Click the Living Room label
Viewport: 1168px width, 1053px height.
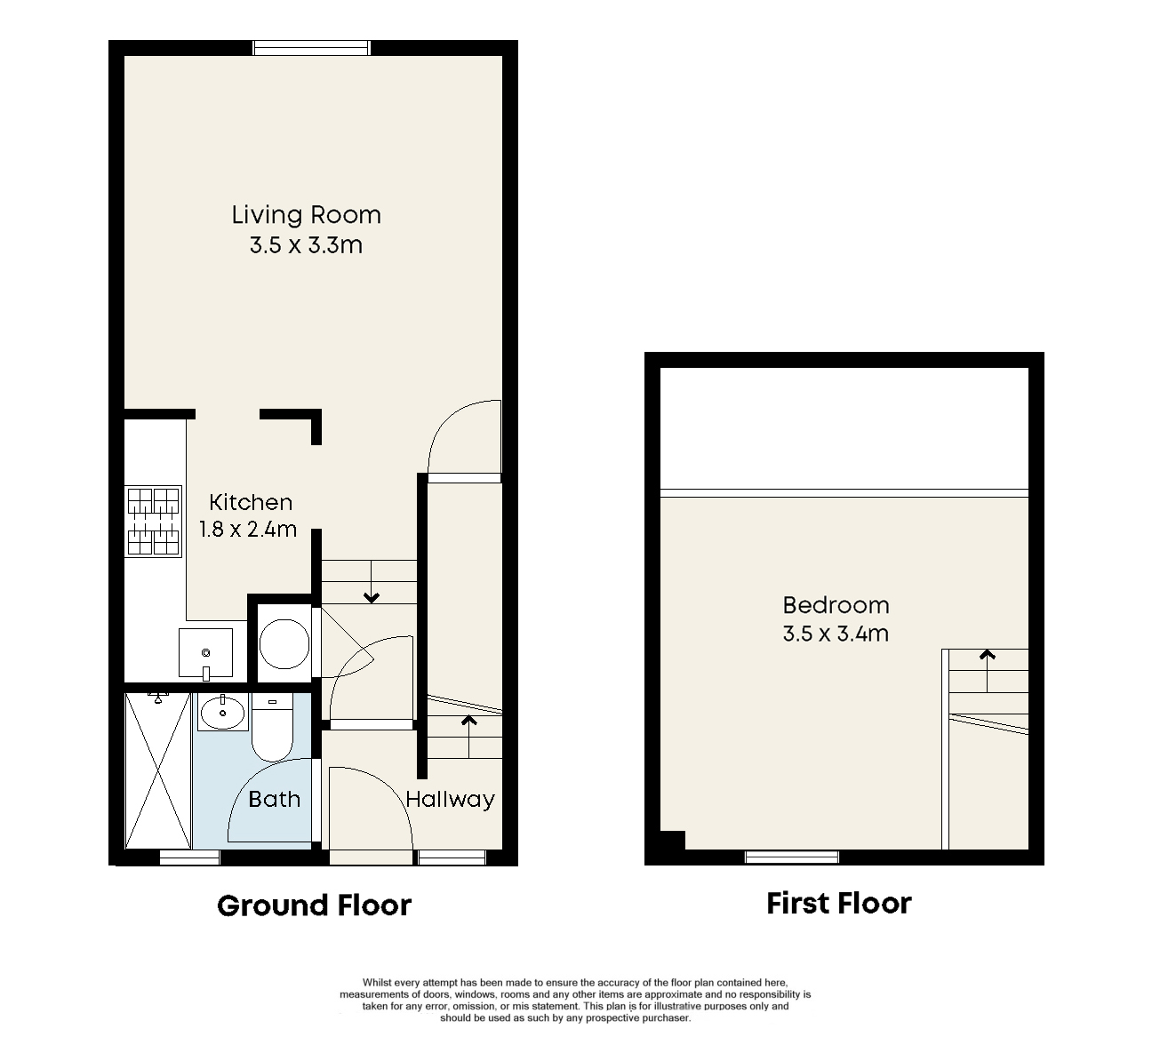pyautogui.click(x=307, y=215)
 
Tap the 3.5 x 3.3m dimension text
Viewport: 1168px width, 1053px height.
pyautogui.click(x=307, y=245)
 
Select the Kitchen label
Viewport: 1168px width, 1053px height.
pyautogui.click(x=251, y=502)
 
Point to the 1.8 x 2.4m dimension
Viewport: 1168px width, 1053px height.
pyautogui.click(x=248, y=529)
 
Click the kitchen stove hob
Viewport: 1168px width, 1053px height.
pyautogui.click(x=153, y=521)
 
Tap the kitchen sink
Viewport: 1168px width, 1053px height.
pyautogui.click(x=205, y=653)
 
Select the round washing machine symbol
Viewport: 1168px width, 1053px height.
pyautogui.click(x=284, y=643)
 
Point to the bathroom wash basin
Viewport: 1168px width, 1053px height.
pyautogui.click(x=222, y=711)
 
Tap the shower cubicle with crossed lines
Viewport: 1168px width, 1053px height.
pyautogui.click(x=158, y=770)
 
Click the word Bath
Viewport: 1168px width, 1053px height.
pyautogui.click(x=275, y=799)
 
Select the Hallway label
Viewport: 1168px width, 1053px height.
pyautogui.click(x=450, y=800)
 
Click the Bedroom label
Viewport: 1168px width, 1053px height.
pyautogui.click(x=836, y=606)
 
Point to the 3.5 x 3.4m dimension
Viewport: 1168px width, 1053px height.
pyautogui.click(x=836, y=634)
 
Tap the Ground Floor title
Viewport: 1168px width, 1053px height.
pyautogui.click(x=315, y=905)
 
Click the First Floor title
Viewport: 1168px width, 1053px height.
pyautogui.click(x=839, y=903)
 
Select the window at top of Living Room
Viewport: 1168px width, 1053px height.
pyautogui.click(x=311, y=48)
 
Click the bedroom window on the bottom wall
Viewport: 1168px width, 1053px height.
pyautogui.click(x=792, y=856)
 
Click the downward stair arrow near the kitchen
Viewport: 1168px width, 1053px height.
pyautogui.click(x=371, y=581)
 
